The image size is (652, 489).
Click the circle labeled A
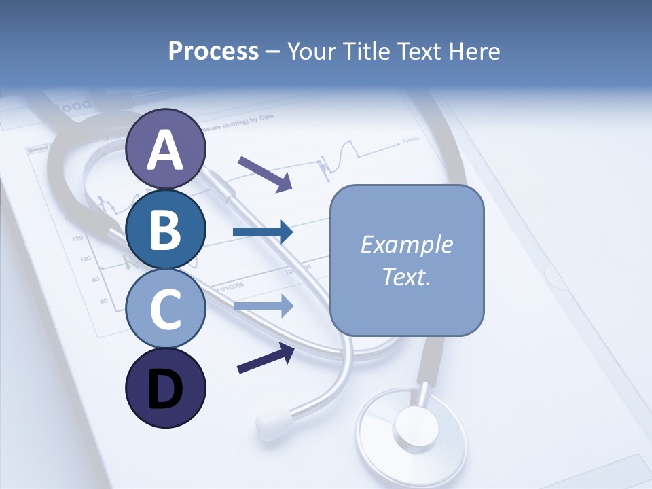165,149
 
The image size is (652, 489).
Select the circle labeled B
165,230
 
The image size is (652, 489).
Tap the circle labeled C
165,308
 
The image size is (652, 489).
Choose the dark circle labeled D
165,388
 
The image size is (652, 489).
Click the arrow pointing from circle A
265,173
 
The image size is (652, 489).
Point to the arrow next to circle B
263,232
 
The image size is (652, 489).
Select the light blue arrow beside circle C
263,306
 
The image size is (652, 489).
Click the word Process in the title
213,51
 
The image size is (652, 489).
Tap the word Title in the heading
367,51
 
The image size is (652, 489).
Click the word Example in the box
406,244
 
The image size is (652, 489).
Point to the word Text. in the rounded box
406,276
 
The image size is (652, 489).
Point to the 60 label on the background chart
103,300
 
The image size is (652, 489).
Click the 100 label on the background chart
85,259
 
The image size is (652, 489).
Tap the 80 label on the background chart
95,280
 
